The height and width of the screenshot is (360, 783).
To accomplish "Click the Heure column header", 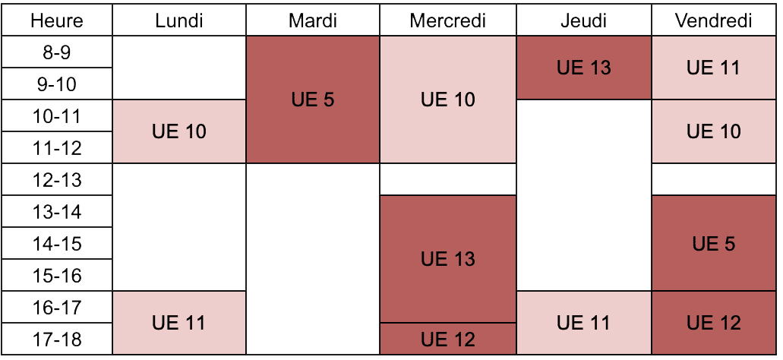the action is pyautogui.click(x=56, y=21).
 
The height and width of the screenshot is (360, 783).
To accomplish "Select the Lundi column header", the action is pyautogui.click(x=179, y=21).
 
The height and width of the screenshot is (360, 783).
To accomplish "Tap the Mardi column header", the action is pyautogui.click(x=313, y=21).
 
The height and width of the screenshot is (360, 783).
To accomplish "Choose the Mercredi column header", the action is pyautogui.click(x=448, y=21).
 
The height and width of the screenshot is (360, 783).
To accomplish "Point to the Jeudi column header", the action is pyautogui.click(x=584, y=21).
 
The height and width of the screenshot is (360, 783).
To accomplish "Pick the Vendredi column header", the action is pyautogui.click(x=714, y=21).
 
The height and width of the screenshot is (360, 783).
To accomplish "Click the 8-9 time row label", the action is pyautogui.click(x=56, y=52).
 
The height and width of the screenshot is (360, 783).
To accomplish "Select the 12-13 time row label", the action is pyautogui.click(x=56, y=180).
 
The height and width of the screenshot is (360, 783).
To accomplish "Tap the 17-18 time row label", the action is pyautogui.click(x=56, y=339).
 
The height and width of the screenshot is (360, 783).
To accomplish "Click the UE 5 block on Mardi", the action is pyautogui.click(x=313, y=99).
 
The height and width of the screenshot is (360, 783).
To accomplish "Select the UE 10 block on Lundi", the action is pyautogui.click(x=179, y=132).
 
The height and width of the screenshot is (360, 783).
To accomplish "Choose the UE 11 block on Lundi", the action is pyautogui.click(x=179, y=323).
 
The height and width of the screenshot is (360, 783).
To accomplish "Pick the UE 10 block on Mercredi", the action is pyautogui.click(x=448, y=99).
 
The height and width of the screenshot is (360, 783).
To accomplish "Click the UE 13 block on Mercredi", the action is pyautogui.click(x=448, y=259).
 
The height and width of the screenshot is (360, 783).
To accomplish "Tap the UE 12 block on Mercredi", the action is pyautogui.click(x=448, y=339).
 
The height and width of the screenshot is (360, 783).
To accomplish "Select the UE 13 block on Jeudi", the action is pyautogui.click(x=584, y=68).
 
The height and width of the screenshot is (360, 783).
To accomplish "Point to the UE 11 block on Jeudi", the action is pyautogui.click(x=584, y=323).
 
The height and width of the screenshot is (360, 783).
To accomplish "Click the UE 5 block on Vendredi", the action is pyautogui.click(x=714, y=244).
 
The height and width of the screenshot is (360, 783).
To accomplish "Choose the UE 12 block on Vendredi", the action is pyautogui.click(x=714, y=323).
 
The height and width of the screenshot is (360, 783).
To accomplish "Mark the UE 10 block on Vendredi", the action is pyautogui.click(x=714, y=132).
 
